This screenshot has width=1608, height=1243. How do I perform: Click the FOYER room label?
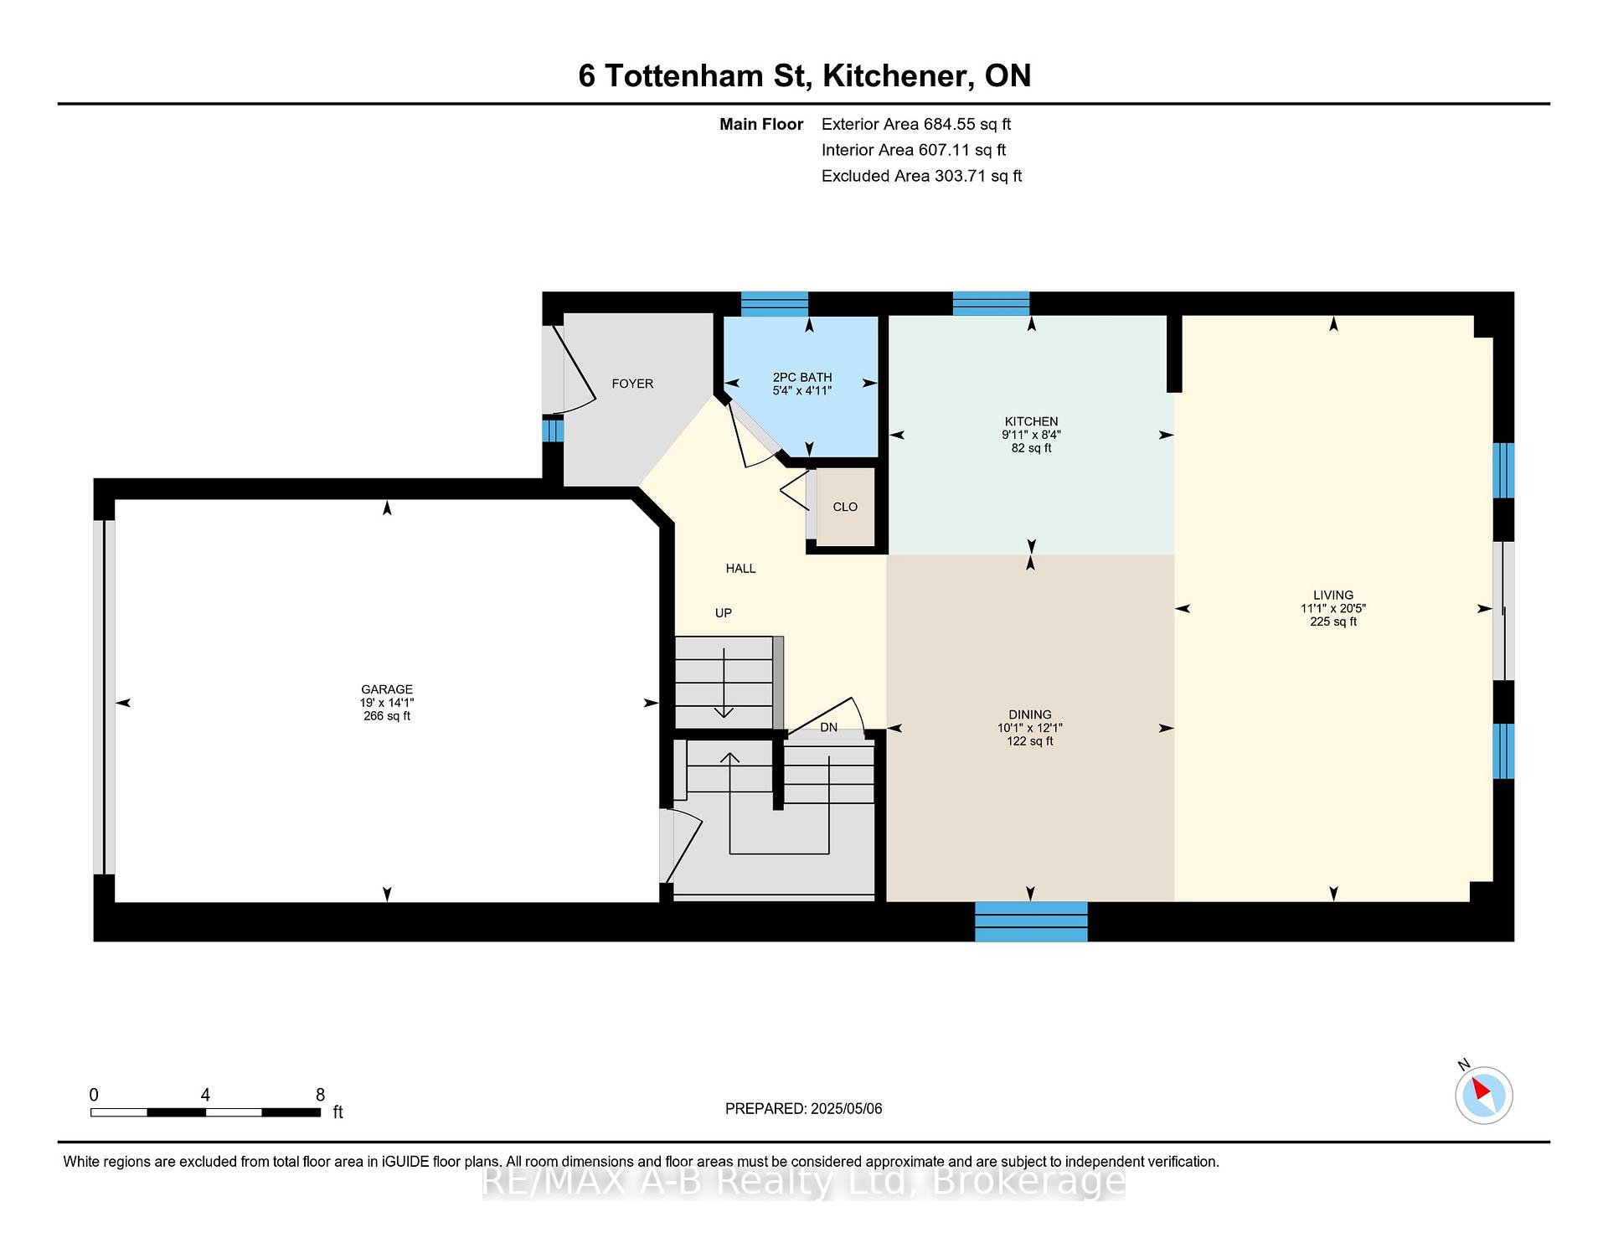(632, 384)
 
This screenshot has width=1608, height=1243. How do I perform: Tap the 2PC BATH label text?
(802, 378)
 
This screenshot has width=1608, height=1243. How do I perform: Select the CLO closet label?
(845, 507)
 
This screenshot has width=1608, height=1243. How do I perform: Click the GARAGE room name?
(387, 689)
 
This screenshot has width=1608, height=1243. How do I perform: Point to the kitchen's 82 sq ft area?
(1031, 448)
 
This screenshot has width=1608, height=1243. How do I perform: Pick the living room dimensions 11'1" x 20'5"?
(1333, 609)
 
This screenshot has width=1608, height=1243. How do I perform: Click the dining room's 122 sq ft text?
(1030, 741)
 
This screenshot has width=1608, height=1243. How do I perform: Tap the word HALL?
(740, 569)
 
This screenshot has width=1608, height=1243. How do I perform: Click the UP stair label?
(724, 613)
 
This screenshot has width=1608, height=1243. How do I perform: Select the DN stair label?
(828, 727)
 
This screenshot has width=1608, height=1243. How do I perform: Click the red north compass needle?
(1481, 1089)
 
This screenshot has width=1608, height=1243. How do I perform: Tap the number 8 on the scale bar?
(320, 1095)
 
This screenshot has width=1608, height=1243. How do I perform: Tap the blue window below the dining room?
(1031, 921)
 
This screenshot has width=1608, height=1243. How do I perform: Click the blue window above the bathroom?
(775, 303)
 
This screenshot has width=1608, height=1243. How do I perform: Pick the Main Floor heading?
(761, 124)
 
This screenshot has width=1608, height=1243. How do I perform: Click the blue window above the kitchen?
(991, 303)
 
